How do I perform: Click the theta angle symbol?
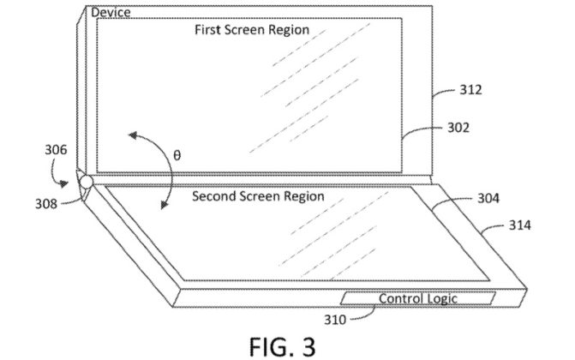pos(177,156)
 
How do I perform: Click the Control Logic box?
pos(418,299)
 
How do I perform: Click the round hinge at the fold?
pos(87,182)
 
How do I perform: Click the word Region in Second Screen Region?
pos(301,196)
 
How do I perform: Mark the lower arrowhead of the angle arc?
pos(163,205)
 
